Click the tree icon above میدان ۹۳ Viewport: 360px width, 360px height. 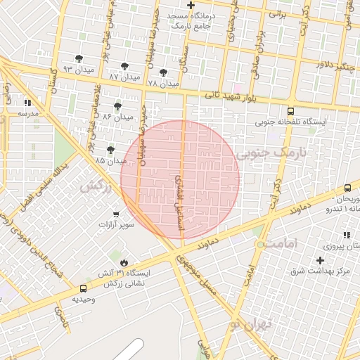[x=78, y=58]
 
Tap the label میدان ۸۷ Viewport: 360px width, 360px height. [x=124, y=76]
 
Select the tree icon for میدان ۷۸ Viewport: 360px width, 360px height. [x=164, y=72]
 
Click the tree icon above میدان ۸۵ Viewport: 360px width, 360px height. [x=111, y=150]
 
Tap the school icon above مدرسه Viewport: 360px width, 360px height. [x=27, y=102]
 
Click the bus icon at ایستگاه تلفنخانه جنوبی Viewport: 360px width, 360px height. [x=291, y=111]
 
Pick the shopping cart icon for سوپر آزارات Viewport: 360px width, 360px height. [x=116, y=214]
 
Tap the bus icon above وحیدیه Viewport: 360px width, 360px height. [x=84, y=288]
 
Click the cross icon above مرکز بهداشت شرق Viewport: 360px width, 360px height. [x=320, y=260]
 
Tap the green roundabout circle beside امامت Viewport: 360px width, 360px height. [x=261, y=244]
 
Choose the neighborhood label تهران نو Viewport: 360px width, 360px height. [x=245, y=323]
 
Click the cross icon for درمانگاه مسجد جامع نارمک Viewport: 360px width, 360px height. [x=191, y=5]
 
